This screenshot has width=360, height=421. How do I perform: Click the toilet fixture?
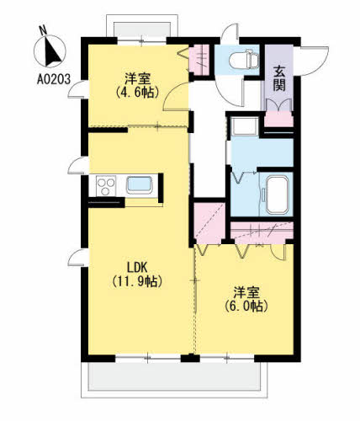244,59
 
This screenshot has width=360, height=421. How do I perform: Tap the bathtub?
277,195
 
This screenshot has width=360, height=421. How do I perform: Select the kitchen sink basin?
140,184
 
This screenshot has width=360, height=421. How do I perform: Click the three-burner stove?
106,186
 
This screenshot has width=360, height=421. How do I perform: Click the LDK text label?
137,267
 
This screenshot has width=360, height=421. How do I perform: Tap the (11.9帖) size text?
137,281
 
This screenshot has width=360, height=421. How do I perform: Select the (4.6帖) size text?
137,93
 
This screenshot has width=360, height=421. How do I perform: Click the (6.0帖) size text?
246,306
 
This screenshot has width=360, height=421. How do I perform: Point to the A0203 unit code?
54,79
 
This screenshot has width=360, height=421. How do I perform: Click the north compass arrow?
52,52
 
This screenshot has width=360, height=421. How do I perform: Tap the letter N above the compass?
43,30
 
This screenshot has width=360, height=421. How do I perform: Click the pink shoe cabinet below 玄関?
278,119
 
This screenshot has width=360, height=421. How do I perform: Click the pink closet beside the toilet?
199,60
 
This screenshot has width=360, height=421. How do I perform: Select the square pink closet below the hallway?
209,223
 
